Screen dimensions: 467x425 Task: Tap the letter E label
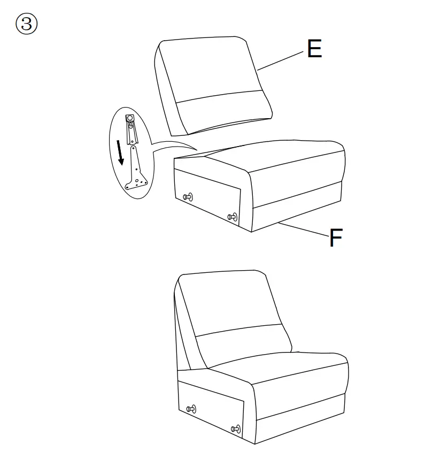(x=314, y=49)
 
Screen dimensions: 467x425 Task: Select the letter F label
(x=335, y=238)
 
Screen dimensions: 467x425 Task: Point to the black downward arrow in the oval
(x=121, y=152)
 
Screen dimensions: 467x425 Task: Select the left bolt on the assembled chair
(x=191, y=409)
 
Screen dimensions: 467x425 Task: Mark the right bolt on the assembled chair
(x=235, y=429)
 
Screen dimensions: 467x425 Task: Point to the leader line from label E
(x=280, y=60)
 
